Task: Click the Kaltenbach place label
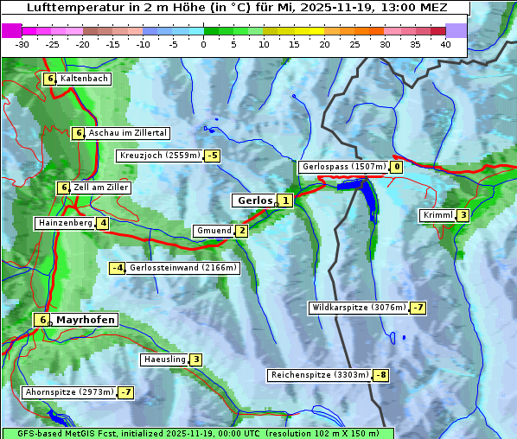(x=85, y=79)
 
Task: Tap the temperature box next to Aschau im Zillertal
(x=78, y=133)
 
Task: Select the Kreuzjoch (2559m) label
(x=159, y=156)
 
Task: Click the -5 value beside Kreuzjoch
(x=212, y=156)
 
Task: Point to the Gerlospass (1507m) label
(x=343, y=167)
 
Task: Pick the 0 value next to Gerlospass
(x=397, y=167)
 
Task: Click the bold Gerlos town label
(x=254, y=200)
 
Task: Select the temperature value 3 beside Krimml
(x=463, y=215)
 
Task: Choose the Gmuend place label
(x=214, y=231)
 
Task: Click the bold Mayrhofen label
(x=85, y=320)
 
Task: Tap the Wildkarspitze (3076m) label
(x=359, y=308)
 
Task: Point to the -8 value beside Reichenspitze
(x=381, y=376)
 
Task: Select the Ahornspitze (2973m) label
(x=69, y=392)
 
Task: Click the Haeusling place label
(x=163, y=359)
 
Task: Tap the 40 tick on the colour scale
(x=445, y=43)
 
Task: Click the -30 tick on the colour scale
(x=22, y=43)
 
